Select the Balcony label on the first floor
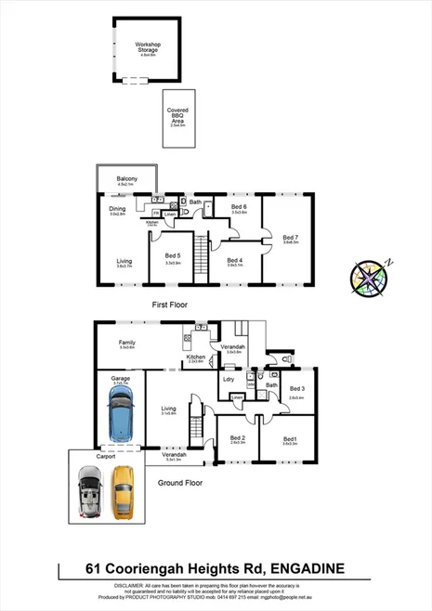point(126,178)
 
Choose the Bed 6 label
point(239,206)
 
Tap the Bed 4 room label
point(234,260)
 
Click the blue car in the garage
point(120,414)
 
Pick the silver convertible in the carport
point(89,490)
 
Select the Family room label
point(126,343)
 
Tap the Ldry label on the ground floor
point(228,378)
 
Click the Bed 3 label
point(296,388)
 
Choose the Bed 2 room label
point(237,437)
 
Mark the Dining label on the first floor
point(117,208)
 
